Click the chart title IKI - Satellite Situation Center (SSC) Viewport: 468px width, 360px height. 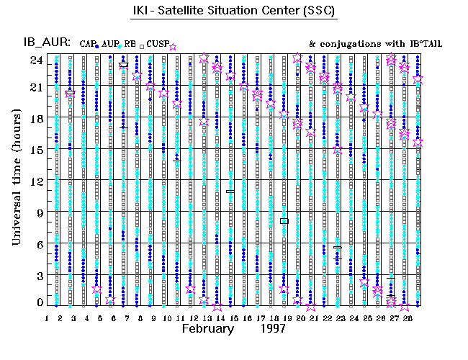[233, 12]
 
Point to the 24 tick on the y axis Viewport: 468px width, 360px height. [35, 60]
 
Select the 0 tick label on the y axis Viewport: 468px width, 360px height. [39, 303]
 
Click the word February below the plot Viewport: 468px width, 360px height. [207, 328]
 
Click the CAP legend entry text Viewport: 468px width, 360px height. [88, 44]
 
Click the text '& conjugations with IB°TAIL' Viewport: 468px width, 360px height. [375, 44]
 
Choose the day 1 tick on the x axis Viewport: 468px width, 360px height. [47, 318]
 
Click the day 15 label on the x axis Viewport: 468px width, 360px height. [232, 318]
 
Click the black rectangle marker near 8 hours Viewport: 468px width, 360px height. [284, 221]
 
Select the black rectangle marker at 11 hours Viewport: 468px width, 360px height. [230, 192]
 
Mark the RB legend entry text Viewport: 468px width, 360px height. [130, 44]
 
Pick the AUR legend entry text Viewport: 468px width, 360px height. [109, 44]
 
